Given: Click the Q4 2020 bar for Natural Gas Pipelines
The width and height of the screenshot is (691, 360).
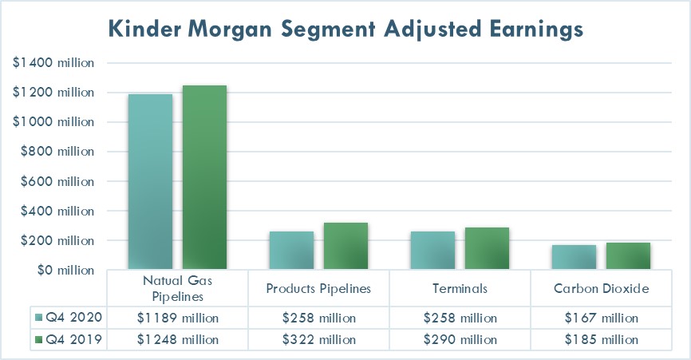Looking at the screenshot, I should (x=150, y=182).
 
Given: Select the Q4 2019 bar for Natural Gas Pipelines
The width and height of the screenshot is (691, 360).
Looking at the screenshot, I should (x=204, y=178).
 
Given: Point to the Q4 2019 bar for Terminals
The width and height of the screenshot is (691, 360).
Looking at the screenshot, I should (x=488, y=248).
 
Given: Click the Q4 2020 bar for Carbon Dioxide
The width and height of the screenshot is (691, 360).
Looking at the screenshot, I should (x=574, y=257).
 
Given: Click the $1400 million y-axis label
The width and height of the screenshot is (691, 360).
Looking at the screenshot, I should (x=53, y=63).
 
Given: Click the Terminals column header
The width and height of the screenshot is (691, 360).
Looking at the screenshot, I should (x=460, y=288).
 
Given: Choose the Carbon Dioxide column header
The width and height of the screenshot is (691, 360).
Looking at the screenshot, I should (x=601, y=288).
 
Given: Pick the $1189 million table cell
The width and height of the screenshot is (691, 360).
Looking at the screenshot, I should (x=177, y=318).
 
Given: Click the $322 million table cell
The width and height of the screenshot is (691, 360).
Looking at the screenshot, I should (x=318, y=339).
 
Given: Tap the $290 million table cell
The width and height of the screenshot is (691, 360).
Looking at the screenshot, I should (x=460, y=339).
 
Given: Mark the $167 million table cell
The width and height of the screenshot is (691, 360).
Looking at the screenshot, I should (x=601, y=318).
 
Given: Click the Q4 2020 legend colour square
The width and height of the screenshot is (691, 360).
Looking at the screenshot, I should (x=40, y=318).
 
